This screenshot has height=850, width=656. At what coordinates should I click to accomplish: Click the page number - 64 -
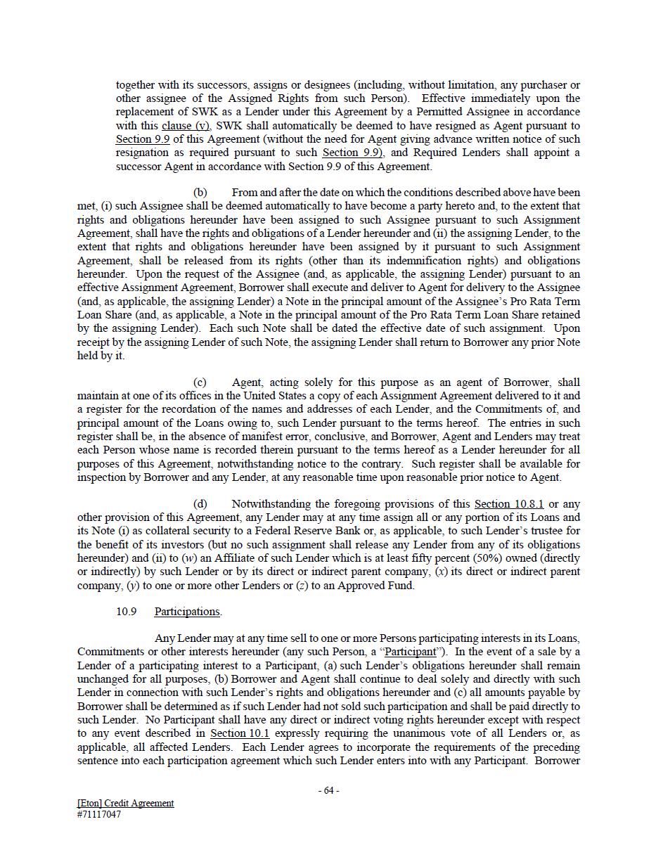coord(328,790)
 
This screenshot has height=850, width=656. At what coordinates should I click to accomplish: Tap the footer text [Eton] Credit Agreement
coord(125,803)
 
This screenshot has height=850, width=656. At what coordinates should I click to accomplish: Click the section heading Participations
coord(188,612)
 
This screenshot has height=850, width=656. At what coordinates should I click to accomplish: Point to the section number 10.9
coord(126,612)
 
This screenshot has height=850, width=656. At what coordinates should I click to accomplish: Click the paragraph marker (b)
coord(200,193)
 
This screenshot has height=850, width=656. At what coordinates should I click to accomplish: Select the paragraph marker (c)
coord(200,382)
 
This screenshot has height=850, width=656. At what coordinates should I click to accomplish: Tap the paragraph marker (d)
coord(200,504)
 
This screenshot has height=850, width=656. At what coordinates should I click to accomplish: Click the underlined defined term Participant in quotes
coord(415,652)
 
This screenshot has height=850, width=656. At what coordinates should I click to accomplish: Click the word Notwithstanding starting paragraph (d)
coord(271,504)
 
